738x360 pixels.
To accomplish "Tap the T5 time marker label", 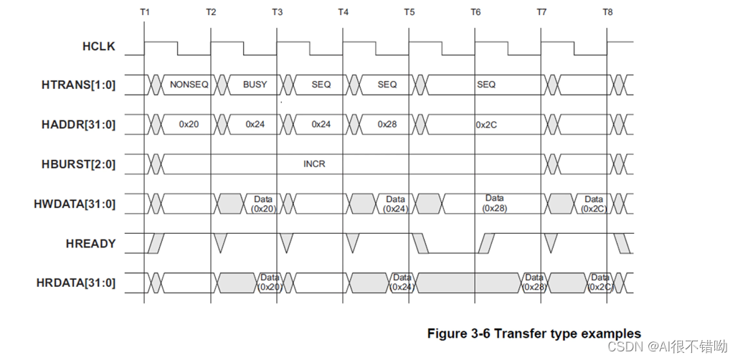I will (x=409, y=12).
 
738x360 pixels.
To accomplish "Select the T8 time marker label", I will (x=607, y=12).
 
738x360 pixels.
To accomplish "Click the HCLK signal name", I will (x=98, y=47).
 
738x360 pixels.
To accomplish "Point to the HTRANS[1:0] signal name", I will (x=80, y=85).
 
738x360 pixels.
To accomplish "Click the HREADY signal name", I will (x=90, y=244).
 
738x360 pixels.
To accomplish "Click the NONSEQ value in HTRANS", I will (x=189, y=85).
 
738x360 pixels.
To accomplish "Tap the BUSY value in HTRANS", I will (x=255, y=85).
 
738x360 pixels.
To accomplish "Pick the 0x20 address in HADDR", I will (x=189, y=124).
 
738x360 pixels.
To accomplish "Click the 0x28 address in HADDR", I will (x=387, y=124).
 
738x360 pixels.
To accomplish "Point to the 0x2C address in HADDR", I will (x=486, y=124).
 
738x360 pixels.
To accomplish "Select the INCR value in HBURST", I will (x=314, y=164).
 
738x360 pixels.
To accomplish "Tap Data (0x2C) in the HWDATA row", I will (x=593, y=204).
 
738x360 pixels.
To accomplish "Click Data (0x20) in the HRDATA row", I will (x=270, y=282).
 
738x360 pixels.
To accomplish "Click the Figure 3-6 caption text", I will (x=534, y=333).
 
